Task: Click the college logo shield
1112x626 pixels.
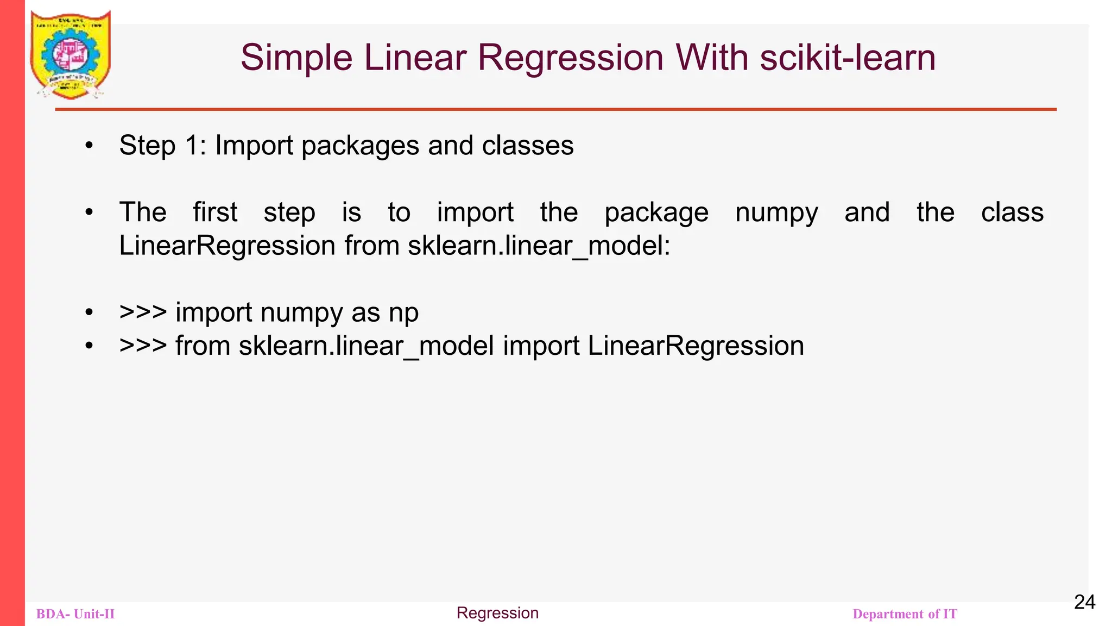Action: pos(71,54)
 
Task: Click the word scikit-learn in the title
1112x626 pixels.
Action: pos(848,57)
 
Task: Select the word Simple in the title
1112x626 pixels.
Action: pos(296,58)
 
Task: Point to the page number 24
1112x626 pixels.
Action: pos(1084,602)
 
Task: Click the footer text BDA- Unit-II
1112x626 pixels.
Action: pos(75,614)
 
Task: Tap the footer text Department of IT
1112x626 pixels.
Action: pos(905,614)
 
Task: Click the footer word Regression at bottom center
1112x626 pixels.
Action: pos(497,613)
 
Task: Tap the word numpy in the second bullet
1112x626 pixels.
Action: pos(776,213)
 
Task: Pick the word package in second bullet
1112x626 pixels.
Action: pos(656,213)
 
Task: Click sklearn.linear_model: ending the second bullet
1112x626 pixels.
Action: pos(539,246)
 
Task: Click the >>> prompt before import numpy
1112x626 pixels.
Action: pos(143,312)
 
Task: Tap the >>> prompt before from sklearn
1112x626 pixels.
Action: pos(143,346)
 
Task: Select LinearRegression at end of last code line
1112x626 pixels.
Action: pos(696,346)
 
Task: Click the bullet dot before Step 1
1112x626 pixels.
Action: pos(90,146)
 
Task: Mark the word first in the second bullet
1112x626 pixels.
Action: pos(215,212)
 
